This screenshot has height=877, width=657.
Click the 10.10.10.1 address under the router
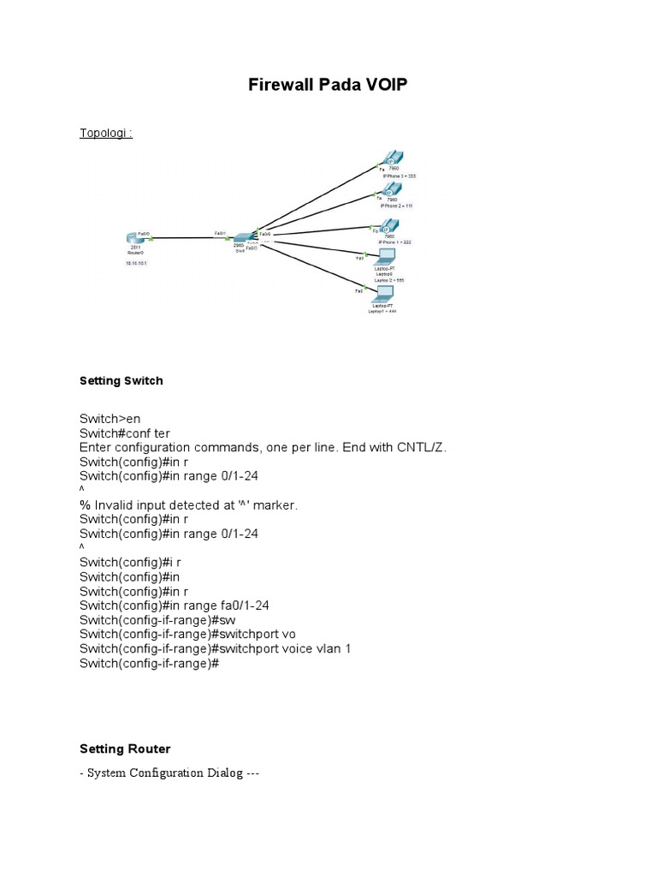[x=137, y=264]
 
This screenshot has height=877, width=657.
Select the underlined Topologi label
[x=105, y=134]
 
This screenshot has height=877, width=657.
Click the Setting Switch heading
[x=121, y=381]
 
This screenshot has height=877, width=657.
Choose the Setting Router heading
[x=125, y=749]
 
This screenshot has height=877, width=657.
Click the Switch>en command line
[x=109, y=418]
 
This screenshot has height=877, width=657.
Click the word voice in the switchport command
[x=294, y=648]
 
